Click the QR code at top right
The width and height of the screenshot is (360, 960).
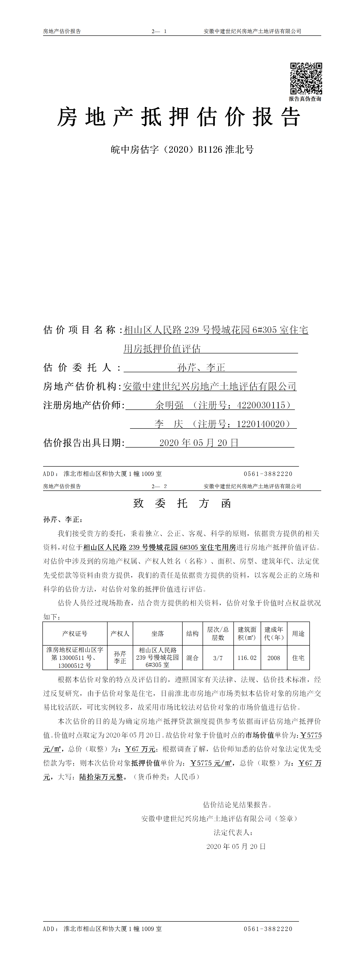306,78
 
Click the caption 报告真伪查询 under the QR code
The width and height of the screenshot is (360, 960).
305,99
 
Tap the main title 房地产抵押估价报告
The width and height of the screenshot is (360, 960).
179,117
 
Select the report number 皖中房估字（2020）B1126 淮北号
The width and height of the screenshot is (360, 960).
182,149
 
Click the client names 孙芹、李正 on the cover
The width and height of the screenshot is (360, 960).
201,367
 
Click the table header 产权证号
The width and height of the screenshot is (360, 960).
75,634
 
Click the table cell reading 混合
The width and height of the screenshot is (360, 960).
192,658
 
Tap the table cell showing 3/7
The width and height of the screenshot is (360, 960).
218,658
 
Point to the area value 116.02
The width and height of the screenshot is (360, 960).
247,658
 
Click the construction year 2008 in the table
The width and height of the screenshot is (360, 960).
274,658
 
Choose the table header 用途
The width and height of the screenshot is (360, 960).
298,634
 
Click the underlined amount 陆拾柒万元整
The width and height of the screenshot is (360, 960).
101,777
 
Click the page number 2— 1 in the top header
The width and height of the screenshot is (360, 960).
159,31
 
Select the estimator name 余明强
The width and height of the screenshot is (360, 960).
170,405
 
